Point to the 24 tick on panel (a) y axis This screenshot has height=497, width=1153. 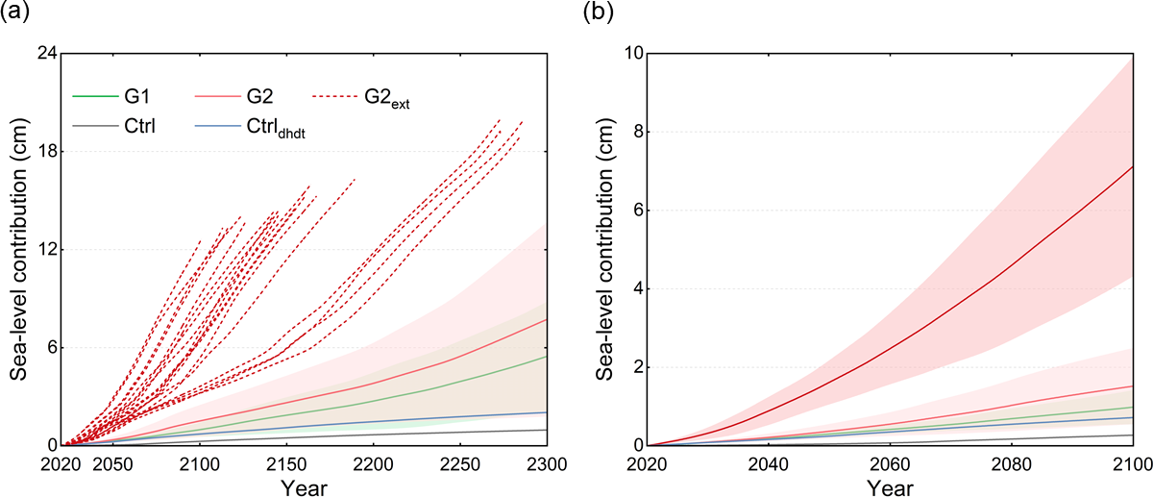click(43, 53)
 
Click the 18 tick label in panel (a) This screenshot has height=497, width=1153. click(43, 151)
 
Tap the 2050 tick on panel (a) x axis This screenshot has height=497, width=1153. click(113, 464)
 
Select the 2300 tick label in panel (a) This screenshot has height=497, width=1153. click(547, 464)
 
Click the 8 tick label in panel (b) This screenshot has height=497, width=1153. click(626, 132)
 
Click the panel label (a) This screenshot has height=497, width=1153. click(19, 14)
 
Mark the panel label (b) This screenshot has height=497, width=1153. click(599, 14)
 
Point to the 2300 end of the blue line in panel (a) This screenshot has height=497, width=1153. click(547, 412)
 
